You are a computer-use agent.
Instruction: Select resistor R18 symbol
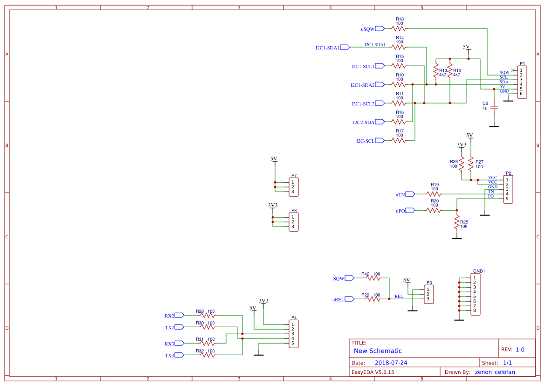click(x=399, y=28)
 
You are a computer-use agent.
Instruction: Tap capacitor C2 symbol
click(x=494, y=108)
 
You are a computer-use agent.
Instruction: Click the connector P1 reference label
click(x=522, y=64)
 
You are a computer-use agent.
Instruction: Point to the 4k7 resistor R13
click(x=436, y=72)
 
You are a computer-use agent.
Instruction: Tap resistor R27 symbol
click(x=471, y=163)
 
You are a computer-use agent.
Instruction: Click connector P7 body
click(x=294, y=187)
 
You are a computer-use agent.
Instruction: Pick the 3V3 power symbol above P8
click(x=273, y=206)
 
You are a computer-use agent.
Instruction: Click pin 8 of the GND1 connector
click(x=475, y=310)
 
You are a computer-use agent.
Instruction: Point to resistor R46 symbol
click(x=374, y=278)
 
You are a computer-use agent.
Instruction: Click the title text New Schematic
click(x=378, y=351)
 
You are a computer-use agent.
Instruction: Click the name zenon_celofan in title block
click(x=498, y=372)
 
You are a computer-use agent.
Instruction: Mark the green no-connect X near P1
click(x=512, y=70)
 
